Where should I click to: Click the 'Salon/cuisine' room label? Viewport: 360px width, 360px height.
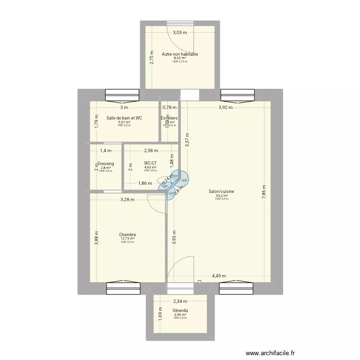click(x=221, y=191)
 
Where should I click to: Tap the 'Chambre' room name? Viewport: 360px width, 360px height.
click(x=128, y=235)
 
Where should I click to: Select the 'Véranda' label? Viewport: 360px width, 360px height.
click(x=180, y=311)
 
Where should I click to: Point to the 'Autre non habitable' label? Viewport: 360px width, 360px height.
click(x=180, y=54)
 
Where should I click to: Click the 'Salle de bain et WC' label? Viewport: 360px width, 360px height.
click(x=124, y=118)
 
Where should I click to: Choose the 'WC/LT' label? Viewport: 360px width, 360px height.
click(x=150, y=163)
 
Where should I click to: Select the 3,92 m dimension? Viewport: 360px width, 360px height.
click(x=225, y=108)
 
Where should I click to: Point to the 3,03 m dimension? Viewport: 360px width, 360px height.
click(x=180, y=33)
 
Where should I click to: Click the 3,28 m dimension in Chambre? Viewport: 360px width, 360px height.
click(x=128, y=200)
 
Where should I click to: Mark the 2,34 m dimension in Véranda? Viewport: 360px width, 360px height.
click(x=180, y=302)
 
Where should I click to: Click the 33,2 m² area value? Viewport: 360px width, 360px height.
click(x=221, y=195)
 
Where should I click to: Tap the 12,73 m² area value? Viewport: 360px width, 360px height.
click(x=128, y=239)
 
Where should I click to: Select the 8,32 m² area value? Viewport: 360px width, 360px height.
click(x=180, y=58)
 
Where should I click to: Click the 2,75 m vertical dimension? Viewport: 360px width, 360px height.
click(x=152, y=58)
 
